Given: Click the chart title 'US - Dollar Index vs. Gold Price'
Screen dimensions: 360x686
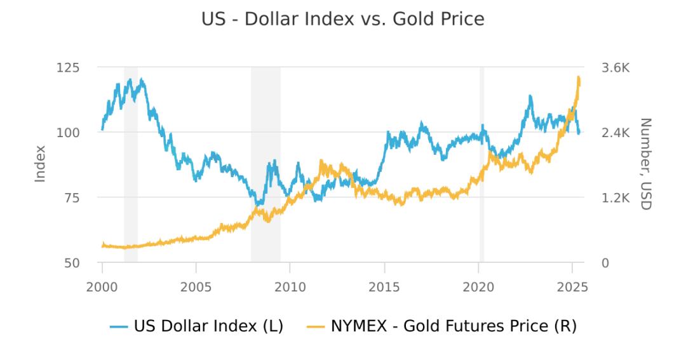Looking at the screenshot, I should pos(343,20).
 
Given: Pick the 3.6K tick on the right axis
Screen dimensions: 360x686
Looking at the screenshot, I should pos(614,67).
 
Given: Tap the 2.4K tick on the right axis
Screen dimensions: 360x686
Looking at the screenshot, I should pos(614,133).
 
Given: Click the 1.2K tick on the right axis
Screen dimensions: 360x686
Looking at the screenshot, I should pos(614,197).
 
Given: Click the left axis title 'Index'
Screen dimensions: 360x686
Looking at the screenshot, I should pos(40,164).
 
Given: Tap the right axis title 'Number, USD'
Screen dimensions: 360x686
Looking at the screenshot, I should pos(645,164).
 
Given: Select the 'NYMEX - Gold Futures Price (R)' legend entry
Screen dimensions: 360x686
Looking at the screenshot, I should pos(445,327).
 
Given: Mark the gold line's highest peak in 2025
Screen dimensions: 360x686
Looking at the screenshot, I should pos(579,77).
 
